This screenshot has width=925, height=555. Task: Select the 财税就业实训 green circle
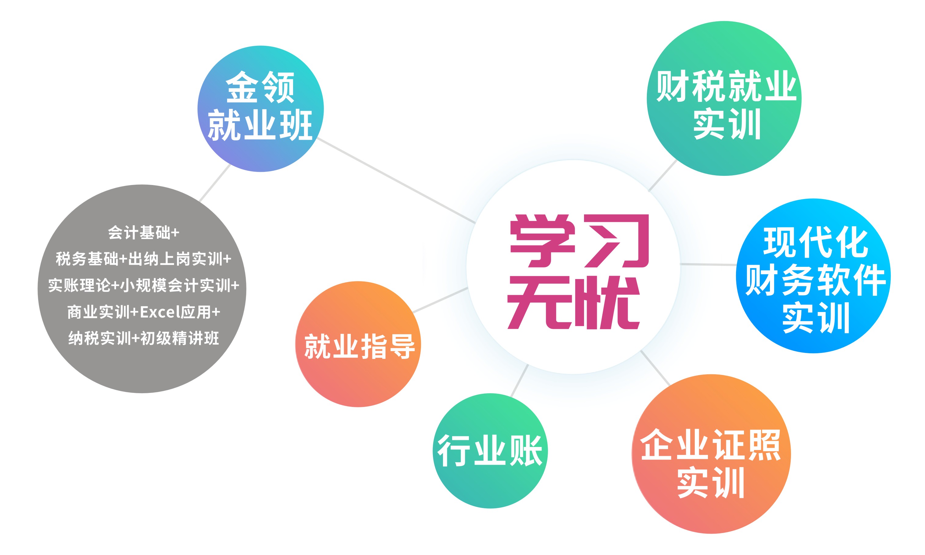(724, 98)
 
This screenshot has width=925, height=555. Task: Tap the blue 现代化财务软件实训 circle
(813, 276)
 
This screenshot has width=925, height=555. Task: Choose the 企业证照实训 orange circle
(711, 454)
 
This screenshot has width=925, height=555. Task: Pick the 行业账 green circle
(490, 451)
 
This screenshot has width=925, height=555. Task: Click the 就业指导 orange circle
(358, 344)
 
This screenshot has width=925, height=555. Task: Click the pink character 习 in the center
(617, 241)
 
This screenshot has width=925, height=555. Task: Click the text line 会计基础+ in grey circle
(143, 233)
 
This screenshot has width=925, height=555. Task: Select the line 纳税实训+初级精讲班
(143, 338)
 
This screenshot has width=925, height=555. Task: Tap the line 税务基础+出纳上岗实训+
(143, 259)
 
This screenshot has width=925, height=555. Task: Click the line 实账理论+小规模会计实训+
(143, 285)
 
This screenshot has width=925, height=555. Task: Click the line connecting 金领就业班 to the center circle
(396, 181)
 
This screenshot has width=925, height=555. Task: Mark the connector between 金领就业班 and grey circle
(215, 183)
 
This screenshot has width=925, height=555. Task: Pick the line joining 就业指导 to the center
(440, 300)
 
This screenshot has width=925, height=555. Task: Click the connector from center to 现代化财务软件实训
(708, 264)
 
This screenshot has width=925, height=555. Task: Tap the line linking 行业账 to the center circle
(520, 380)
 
